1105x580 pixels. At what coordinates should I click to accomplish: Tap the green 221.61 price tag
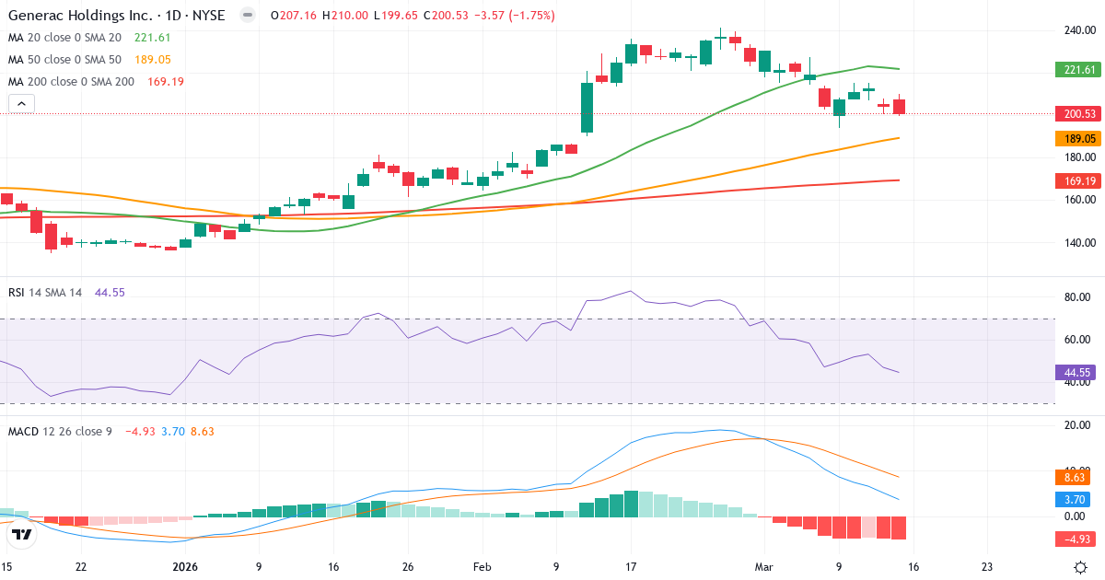pyautogui.click(x=1078, y=70)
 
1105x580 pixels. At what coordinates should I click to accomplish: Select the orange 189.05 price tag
pyautogui.click(x=1078, y=139)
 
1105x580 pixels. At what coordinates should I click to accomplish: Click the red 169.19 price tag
pyautogui.click(x=1078, y=181)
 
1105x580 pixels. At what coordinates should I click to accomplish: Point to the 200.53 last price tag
pyautogui.click(x=1078, y=114)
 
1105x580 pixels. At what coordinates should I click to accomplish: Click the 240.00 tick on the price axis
pyautogui.click(x=1077, y=29)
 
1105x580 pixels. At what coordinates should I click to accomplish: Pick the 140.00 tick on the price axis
pyautogui.click(x=1077, y=243)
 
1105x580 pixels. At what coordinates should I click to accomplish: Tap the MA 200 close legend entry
pyautogui.click(x=71, y=82)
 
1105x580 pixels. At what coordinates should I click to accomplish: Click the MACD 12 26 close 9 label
pyautogui.click(x=60, y=431)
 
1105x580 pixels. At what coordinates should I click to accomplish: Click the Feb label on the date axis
pyautogui.click(x=483, y=567)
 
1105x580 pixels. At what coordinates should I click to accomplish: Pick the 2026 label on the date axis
pyautogui.click(x=185, y=567)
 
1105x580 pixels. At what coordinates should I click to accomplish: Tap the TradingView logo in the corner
pyautogui.click(x=22, y=534)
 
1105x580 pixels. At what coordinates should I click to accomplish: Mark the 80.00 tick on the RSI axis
pyautogui.click(x=1077, y=297)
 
